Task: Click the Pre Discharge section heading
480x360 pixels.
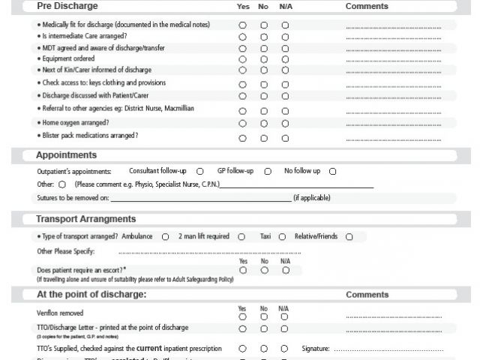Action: click(67, 7)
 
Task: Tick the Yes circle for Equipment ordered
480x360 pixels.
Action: click(242, 59)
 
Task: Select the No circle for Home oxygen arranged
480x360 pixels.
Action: click(264, 123)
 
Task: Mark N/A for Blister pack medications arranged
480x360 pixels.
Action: click(285, 138)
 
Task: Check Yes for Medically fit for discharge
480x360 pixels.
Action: click(242, 25)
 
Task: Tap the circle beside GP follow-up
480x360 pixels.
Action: click(268, 171)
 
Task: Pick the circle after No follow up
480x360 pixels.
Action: click(333, 171)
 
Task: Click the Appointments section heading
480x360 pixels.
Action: click(66, 155)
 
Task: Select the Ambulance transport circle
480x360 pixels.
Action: click(165, 237)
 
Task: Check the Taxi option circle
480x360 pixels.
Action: click(283, 237)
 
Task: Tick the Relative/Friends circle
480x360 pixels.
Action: click(349, 237)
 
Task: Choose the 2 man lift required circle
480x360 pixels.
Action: click(241, 237)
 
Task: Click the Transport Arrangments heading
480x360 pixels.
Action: click(85, 220)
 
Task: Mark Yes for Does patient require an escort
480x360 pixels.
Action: click(242, 270)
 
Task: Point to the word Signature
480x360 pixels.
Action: click(315, 349)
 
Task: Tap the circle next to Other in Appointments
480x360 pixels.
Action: click(62, 184)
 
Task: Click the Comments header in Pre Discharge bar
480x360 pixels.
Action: click(367, 7)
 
